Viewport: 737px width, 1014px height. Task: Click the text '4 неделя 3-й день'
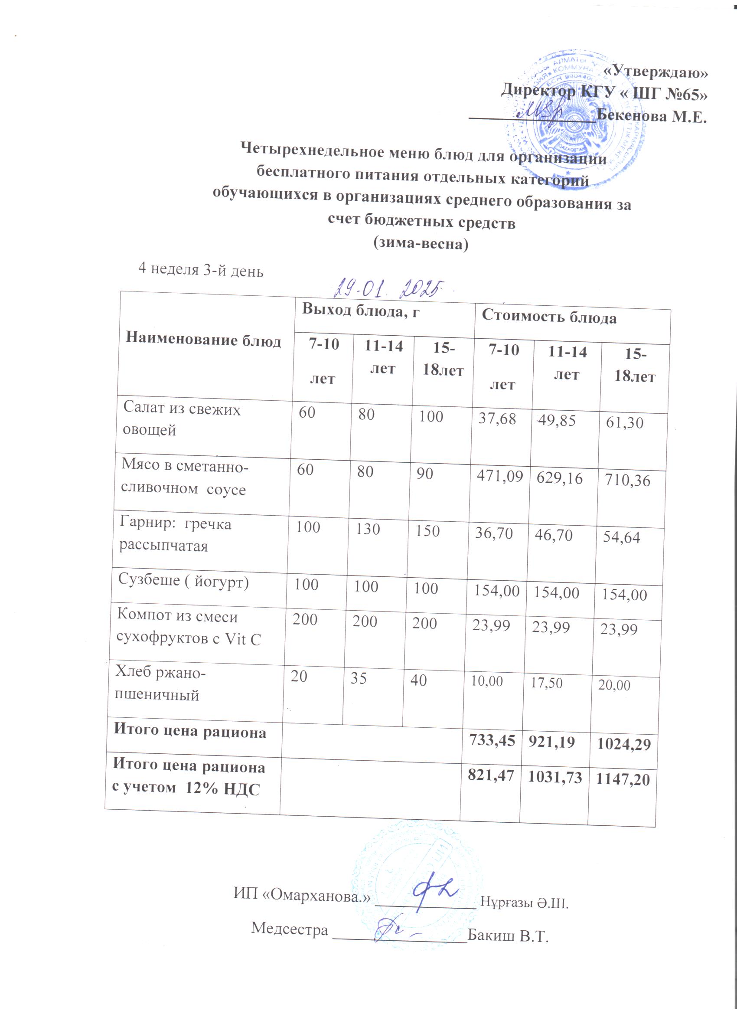click(201, 270)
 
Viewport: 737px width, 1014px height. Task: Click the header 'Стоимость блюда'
click(549, 317)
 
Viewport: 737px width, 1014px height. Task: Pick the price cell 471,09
click(499, 477)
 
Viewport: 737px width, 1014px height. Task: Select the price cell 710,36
click(627, 481)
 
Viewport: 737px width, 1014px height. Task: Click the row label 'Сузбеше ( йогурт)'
click(183, 581)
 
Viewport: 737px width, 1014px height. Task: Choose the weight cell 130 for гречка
click(367, 530)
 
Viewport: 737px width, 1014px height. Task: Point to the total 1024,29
click(624, 744)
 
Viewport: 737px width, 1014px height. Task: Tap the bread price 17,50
click(546, 683)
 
